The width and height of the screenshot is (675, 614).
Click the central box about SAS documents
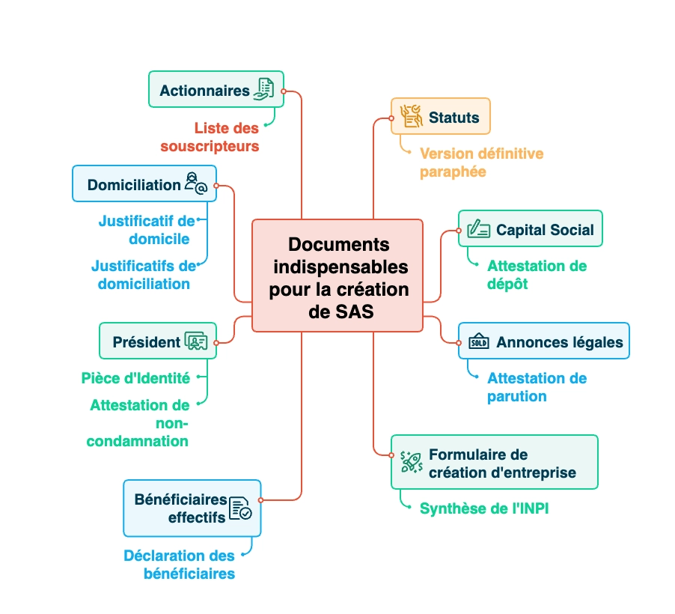coord(337,276)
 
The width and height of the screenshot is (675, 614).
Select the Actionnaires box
coord(216,90)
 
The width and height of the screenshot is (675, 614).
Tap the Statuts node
coord(440,117)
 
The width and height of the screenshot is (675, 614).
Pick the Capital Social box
coord(530,229)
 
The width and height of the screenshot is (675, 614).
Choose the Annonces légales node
coord(544,341)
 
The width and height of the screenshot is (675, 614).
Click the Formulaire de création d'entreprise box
coord(494,462)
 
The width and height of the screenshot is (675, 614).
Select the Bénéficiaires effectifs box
coord(192,508)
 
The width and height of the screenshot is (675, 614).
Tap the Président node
coord(158,341)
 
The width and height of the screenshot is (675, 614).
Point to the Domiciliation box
coord(144,184)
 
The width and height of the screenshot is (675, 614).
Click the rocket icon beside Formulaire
coord(411,462)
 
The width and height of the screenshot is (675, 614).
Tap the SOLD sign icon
coord(478,342)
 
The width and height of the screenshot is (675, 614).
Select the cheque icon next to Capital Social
coord(478,229)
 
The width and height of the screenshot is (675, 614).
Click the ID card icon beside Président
coord(196,341)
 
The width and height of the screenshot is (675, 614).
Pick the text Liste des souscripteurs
coord(210,137)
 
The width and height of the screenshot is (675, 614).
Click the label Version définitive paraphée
coord(481,162)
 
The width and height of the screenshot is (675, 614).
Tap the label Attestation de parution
coord(537,387)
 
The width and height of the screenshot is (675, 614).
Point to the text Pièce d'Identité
coord(135,378)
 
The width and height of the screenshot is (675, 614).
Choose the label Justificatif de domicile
coord(146,230)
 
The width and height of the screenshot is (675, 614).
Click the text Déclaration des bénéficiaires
coord(180,565)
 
